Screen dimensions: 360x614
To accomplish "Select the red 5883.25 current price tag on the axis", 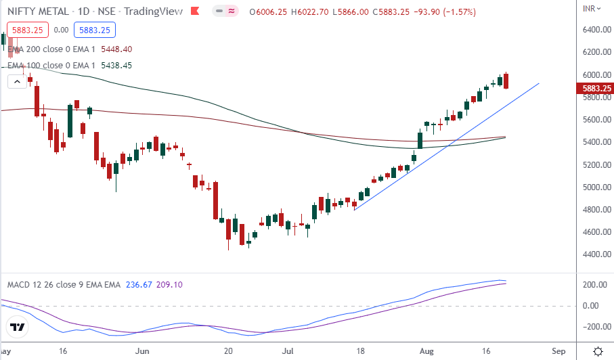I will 594,88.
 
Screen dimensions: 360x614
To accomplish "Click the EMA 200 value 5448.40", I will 116,49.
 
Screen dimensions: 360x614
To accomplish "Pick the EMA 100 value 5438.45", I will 116,66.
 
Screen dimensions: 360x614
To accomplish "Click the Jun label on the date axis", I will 142,352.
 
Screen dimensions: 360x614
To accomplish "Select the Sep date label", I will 558,352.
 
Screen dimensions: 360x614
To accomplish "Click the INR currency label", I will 590,9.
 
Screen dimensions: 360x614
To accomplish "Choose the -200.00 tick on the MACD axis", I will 594,327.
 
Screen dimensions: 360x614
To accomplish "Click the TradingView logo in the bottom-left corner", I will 18,328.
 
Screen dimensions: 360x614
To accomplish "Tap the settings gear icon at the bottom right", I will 598,351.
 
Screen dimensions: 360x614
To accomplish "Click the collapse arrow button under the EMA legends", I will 17,81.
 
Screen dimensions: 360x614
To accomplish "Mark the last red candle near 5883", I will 507,81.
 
